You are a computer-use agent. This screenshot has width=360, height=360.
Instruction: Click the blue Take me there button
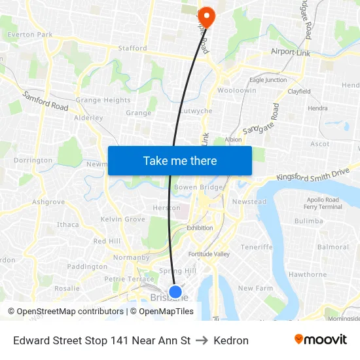[179, 160]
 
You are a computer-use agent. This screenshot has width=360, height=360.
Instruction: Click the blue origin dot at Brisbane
[175, 292]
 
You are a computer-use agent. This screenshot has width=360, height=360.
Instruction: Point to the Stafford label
[132, 48]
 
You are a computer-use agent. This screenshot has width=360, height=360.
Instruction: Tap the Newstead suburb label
[249, 202]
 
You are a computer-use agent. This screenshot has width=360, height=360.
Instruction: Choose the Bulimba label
[309, 221]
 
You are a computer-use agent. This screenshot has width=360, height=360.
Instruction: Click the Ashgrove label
[48, 202]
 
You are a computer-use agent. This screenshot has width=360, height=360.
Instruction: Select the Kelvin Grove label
[123, 219]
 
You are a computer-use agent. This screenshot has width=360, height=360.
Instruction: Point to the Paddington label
[87, 267]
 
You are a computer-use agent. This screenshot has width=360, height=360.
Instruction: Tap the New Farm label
[255, 288]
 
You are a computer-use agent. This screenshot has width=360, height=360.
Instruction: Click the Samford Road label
[45, 101]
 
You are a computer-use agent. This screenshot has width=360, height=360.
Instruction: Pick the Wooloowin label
[237, 90]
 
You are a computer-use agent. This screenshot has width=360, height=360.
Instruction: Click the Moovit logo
[321, 340]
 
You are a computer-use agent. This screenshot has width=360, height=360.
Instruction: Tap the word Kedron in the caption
[231, 340]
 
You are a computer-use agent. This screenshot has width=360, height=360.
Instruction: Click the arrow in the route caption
[202, 340]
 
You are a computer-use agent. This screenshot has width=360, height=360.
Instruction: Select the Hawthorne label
[308, 274]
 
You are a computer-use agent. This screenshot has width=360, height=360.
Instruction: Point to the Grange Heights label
[103, 100]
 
